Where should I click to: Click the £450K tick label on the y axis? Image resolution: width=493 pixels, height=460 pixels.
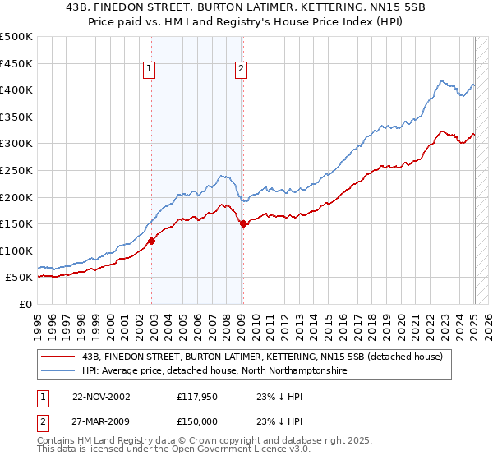tap(16, 63)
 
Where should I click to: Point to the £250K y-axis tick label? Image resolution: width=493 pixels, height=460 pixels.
tap(16, 170)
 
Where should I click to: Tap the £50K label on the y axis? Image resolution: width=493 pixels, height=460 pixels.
tap(20, 278)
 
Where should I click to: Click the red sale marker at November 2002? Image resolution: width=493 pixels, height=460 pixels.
tap(152, 241)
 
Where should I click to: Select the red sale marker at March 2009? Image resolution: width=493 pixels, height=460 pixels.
tap(243, 223)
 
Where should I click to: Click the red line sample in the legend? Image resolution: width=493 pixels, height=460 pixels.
tap(58, 356)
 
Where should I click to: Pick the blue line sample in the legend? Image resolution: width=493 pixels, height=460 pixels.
tap(58, 371)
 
